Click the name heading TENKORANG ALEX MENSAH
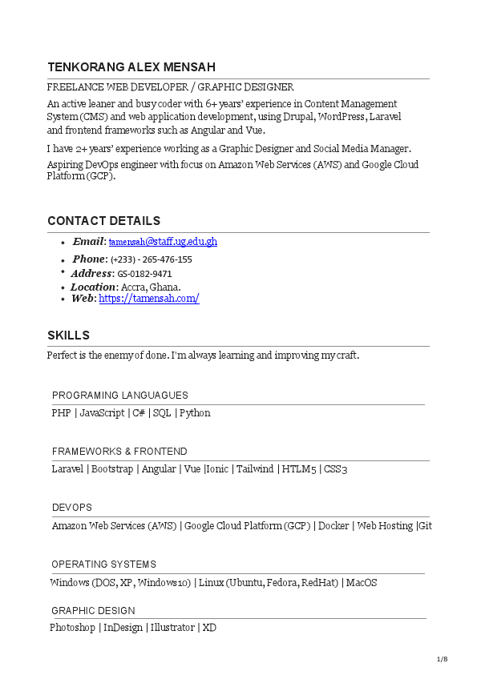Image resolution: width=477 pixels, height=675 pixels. (131, 67)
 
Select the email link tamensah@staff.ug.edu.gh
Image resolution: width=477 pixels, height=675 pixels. (163, 242)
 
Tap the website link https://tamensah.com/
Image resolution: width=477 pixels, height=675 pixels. (148, 299)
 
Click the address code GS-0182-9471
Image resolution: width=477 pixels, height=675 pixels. (144, 274)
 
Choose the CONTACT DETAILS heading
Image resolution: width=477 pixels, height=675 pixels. (103, 221)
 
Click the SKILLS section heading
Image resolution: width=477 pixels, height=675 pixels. (68, 335)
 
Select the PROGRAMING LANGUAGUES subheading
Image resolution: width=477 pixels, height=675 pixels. (119, 396)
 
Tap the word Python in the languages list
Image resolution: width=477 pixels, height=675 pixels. (195, 413)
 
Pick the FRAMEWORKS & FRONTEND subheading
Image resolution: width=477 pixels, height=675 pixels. (119, 452)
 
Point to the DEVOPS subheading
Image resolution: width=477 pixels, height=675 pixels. (71, 508)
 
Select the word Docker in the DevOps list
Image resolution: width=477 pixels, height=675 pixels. (333, 526)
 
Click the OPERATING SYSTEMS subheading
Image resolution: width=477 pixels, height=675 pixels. (103, 565)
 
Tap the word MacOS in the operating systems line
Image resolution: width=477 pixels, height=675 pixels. (362, 583)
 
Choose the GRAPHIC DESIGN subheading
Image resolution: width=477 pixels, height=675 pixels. (93, 610)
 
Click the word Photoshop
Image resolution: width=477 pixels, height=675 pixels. (72, 628)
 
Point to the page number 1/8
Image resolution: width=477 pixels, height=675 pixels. (442, 659)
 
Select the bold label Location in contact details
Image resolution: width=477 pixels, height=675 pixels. (92, 287)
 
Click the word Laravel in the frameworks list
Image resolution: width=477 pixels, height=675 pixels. (68, 469)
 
